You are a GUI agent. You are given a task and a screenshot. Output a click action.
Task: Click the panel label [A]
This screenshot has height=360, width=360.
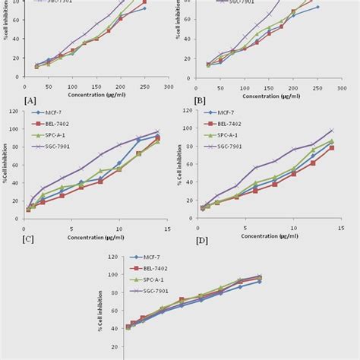tap(30, 99)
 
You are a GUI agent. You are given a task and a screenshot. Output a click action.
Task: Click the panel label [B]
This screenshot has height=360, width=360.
tap(200, 99)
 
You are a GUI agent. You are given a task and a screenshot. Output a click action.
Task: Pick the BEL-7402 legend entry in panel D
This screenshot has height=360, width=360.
tap(221, 124)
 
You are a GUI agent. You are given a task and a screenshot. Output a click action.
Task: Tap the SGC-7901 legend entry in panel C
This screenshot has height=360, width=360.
tap(49, 144)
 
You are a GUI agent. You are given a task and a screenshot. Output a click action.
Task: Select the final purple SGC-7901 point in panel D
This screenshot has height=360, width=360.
tap(331, 131)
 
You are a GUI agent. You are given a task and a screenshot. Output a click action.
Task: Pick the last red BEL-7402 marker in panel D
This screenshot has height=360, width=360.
tap(331, 148)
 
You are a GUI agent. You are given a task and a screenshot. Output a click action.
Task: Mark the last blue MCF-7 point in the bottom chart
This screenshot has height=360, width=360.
tap(260, 281)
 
